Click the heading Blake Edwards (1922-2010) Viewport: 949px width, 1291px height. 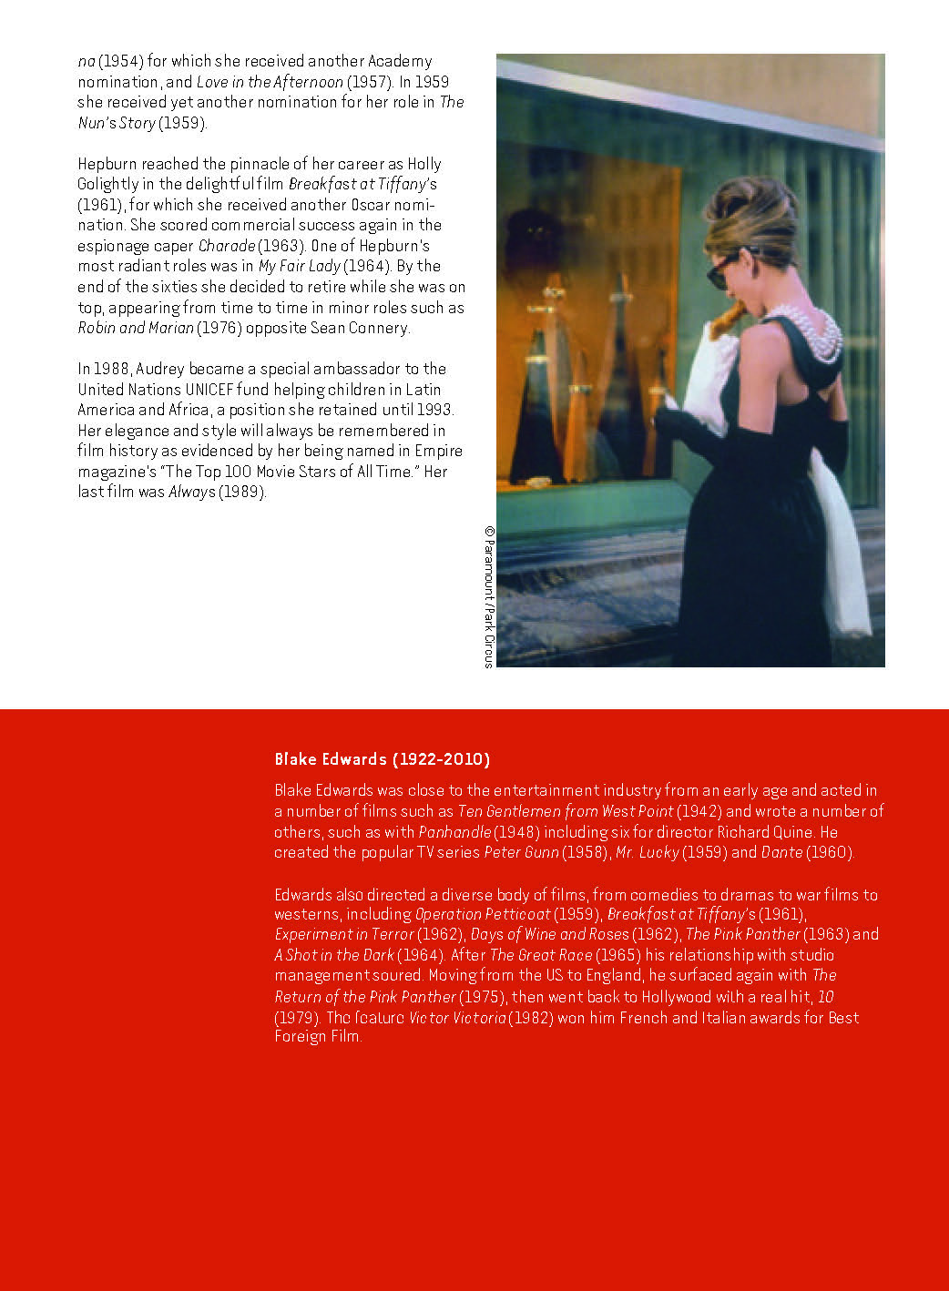coord(382,759)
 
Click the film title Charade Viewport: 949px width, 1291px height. coord(226,246)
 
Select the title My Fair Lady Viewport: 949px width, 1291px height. coord(299,266)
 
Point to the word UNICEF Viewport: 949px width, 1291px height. coord(209,390)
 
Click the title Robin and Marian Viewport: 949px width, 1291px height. coord(136,328)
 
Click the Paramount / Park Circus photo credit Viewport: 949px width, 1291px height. coord(489,596)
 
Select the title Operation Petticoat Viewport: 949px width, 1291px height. coord(483,914)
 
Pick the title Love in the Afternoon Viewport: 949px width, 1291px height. coord(270,82)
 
